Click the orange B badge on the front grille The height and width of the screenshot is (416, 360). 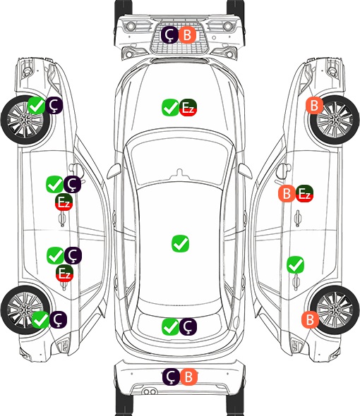(187, 35)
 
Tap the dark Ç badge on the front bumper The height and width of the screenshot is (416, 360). (170, 35)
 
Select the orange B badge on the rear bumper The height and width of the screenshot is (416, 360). (188, 377)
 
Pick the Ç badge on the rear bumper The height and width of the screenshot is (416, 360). (171, 377)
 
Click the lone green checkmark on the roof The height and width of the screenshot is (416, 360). (181, 243)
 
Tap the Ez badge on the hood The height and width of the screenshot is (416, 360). (188, 107)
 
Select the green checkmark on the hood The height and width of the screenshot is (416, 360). (171, 107)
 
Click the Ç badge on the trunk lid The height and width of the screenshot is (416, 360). (188, 326)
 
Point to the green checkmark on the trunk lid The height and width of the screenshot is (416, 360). (171, 326)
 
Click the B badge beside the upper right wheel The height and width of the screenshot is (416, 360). (314, 105)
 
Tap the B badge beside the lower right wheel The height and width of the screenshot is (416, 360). (310, 319)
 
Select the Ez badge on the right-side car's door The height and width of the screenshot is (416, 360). (304, 193)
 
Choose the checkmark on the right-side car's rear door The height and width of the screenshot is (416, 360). (296, 265)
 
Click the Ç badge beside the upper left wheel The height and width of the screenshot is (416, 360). (54, 105)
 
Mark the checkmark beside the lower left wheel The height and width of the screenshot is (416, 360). (41, 319)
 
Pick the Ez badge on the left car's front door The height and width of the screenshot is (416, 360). (64, 202)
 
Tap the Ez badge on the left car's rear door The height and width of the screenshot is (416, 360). (64, 274)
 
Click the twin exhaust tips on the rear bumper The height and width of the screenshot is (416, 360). (150, 392)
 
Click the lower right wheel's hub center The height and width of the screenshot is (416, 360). (335, 310)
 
